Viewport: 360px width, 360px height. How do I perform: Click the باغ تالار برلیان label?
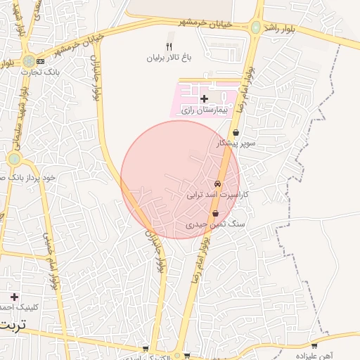(168, 58)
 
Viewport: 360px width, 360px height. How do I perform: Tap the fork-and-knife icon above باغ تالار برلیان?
(169, 46)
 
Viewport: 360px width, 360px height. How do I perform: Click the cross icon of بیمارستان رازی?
(204, 98)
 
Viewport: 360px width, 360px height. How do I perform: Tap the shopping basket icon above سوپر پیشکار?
(235, 132)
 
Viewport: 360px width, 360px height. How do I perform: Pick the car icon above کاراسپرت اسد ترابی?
(217, 183)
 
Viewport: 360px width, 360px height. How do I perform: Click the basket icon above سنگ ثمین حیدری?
(215, 214)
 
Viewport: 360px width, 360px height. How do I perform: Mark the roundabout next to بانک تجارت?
(28, 61)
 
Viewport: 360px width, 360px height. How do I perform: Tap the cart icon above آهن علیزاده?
(314, 345)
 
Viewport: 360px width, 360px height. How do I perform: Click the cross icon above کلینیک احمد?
(14, 297)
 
